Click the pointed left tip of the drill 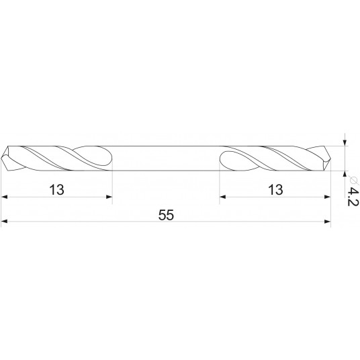click(3, 158)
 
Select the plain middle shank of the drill click(166, 158)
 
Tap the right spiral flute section click(275, 158)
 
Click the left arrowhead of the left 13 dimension click(5, 197)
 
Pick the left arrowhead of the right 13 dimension click(224, 197)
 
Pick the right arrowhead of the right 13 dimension click(328, 197)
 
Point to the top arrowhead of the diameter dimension click(345, 141)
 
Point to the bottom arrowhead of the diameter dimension click(345, 175)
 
